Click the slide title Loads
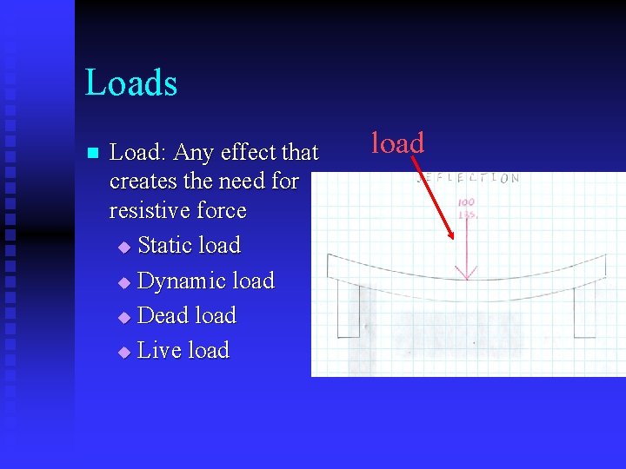click(131, 83)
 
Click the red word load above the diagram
click(397, 142)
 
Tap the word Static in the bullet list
click(165, 246)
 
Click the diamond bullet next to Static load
click(123, 248)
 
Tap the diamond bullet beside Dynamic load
click(123, 283)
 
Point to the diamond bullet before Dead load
click(123, 317)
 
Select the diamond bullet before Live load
click(123, 353)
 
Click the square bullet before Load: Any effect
click(92, 154)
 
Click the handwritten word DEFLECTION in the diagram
click(469, 178)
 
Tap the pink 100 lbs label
click(467, 209)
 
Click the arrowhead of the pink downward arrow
click(467, 274)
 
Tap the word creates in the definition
click(141, 182)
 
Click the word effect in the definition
click(246, 153)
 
